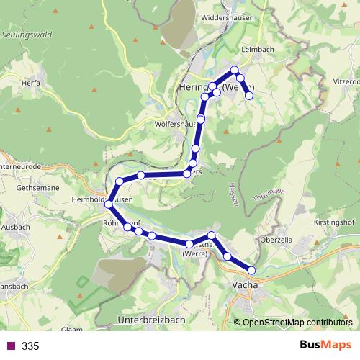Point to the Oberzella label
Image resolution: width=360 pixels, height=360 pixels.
[276, 240]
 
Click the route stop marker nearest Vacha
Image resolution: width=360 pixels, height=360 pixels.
[251, 270]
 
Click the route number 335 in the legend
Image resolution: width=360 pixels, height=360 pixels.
[30, 346]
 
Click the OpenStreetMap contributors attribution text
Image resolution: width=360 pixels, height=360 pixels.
[297, 323]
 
